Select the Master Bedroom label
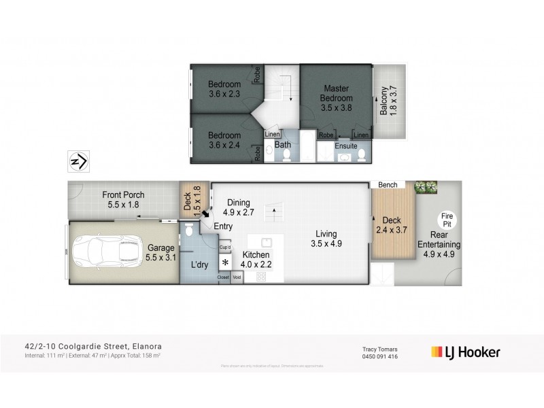click(x=336, y=97)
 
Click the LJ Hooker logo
click(x=466, y=352)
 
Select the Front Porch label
click(x=123, y=199)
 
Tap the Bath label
click(x=282, y=145)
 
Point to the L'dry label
click(x=199, y=264)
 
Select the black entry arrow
click(x=205, y=214)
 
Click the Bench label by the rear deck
click(x=388, y=185)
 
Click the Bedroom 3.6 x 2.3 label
click(x=224, y=89)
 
